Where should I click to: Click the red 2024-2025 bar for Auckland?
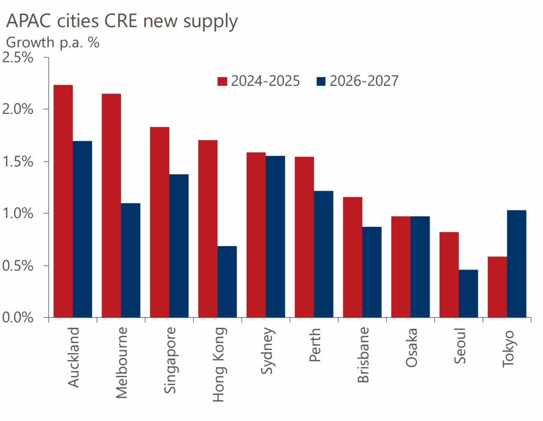[63, 201]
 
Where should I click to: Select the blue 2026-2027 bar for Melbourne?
[130, 260]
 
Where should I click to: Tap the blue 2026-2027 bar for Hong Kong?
[227, 282]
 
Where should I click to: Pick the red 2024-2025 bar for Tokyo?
[497, 287]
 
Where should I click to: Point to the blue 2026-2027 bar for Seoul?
[468, 293]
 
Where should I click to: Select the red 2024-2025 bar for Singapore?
[160, 222]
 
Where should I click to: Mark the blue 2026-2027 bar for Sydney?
[275, 237]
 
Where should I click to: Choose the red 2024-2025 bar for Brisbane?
[353, 257]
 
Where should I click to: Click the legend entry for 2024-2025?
[259, 81]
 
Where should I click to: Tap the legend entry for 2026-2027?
[357, 81]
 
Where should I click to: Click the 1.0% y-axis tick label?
[19, 213]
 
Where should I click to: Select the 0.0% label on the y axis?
[19, 318]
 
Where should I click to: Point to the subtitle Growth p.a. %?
[52, 42]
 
